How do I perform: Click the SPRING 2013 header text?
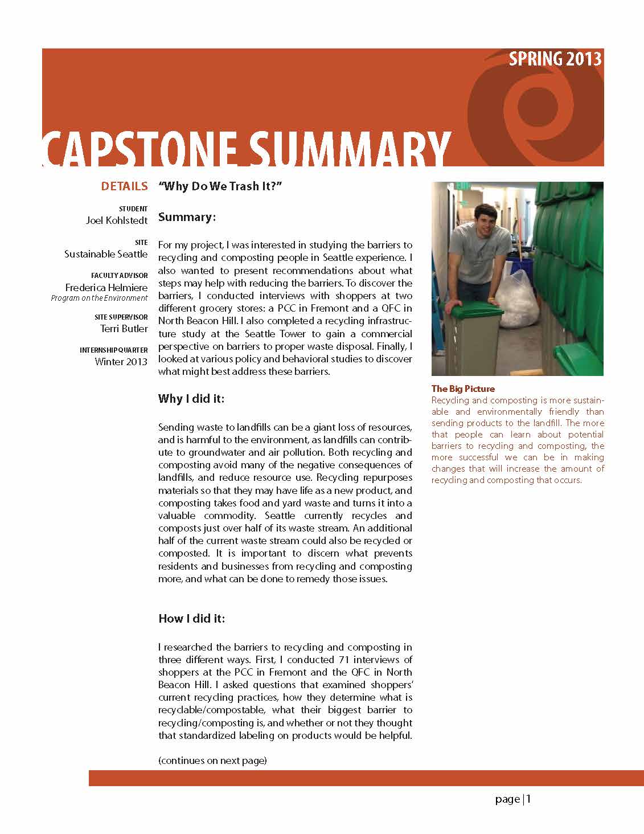click(555, 59)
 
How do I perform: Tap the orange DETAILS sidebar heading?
click(124, 186)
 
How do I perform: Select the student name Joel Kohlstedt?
click(117, 220)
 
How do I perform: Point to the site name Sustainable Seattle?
click(106, 254)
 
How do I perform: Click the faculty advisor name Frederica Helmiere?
click(106, 287)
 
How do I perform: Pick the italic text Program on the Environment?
click(99, 298)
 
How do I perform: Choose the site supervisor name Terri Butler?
click(124, 328)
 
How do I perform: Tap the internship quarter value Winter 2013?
click(121, 361)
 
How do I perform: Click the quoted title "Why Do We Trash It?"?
click(221, 186)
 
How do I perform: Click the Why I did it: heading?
click(191, 398)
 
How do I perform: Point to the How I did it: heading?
click(192, 618)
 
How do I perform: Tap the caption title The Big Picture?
click(463, 389)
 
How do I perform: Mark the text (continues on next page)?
click(212, 760)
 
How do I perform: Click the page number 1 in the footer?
click(528, 799)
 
